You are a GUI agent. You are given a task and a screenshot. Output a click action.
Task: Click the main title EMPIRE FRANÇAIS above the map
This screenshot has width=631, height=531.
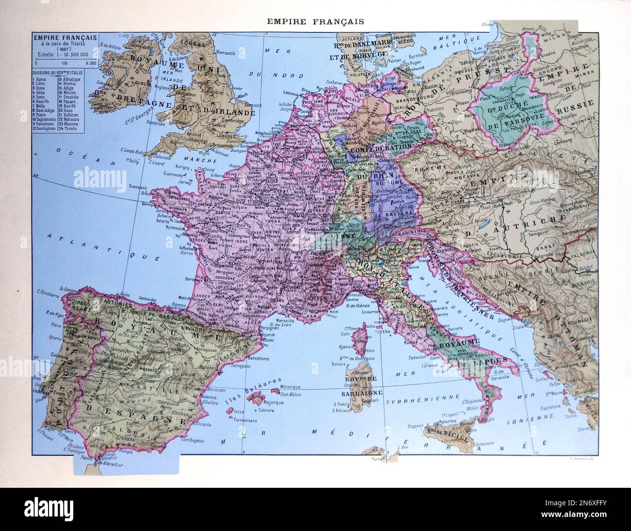315,21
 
